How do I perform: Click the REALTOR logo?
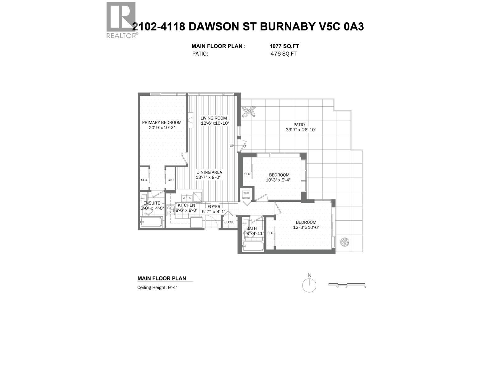(x=121, y=19)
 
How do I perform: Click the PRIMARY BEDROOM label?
(x=162, y=122)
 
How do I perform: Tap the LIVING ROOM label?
(x=214, y=118)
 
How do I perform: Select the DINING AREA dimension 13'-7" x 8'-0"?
(x=208, y=177)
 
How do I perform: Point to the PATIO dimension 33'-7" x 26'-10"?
(x=301, y=130)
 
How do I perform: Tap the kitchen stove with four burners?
(x=170, y=210)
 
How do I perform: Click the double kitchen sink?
(x=187, y=198)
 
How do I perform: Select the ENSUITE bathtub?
(x=151, y=222)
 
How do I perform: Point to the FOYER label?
(x=214, y=207)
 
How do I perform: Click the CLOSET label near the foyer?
(x=230, y=222)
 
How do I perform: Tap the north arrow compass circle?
(x=309, y=285)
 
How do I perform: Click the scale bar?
(x=347, y=284)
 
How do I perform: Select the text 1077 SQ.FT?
(x=284, y=46)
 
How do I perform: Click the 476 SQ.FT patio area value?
(x=283, y=53)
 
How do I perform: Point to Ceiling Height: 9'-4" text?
(x=157, y=288)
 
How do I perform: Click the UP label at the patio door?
(x=232, y=146)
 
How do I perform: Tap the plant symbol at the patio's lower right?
(x=345, y=242)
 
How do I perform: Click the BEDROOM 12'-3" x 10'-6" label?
(x=306, y=222)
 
